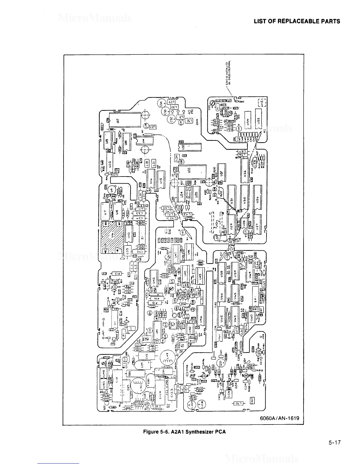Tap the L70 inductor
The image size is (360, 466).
(237, 403)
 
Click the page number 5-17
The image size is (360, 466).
(334, 442)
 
